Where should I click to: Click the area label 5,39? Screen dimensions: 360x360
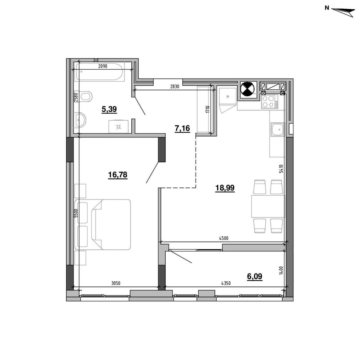coord(109,109)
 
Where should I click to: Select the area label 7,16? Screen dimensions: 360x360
coord(182,128)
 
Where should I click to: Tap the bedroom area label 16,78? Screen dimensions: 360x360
coord(118,175)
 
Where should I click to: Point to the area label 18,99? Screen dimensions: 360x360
coord(225,188)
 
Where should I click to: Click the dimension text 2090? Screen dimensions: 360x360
coord(103,66)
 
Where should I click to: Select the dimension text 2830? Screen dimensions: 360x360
coord(175,86)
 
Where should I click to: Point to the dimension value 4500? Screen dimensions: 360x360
coord(224,238)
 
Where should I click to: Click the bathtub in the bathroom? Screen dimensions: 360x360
coord(99,72)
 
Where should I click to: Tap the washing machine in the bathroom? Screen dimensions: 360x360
coord(118,127)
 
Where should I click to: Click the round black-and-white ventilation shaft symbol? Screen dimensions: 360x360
coord(247,89)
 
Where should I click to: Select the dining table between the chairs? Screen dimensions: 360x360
coord(268,206)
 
